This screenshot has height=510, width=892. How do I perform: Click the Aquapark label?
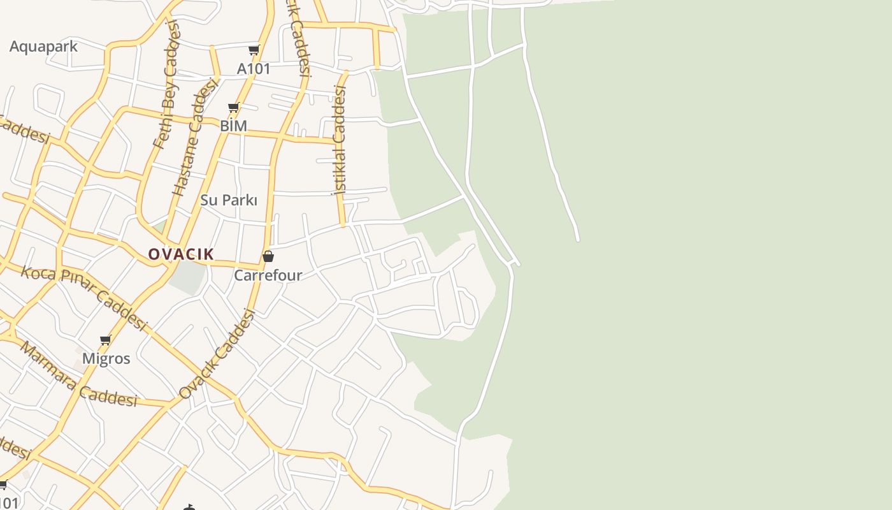43,47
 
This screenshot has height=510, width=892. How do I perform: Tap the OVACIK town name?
181,254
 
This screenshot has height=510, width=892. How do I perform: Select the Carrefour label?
268,275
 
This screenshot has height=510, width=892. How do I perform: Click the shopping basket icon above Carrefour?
268,256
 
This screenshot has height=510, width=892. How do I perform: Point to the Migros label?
106,359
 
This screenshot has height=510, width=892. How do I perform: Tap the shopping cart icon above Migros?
106,340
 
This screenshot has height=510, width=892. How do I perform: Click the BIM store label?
233,126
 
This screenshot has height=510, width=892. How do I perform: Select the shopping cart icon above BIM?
233,108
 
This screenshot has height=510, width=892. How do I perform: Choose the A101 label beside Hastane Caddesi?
254,69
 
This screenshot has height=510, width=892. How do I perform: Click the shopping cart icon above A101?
254,50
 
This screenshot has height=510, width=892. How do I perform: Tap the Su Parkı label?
229,200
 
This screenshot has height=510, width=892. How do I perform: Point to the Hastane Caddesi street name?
194,138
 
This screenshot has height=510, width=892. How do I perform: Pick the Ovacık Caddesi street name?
217,354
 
